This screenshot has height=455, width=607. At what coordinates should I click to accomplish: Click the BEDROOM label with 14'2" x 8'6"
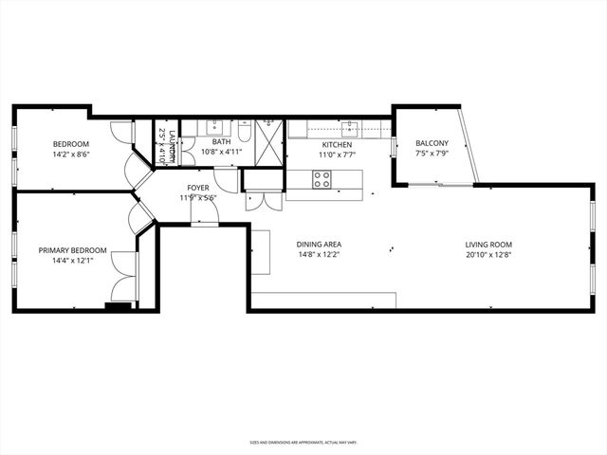click(x=72, y=143)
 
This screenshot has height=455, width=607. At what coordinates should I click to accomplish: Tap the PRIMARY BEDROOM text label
click(x=72, y=251)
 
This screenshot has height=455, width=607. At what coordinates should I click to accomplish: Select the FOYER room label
click(x=198, y=188)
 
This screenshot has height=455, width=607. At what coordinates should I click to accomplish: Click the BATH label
click(x=221, y=142)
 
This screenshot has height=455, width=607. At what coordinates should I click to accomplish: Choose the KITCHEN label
click(x=336, y=145)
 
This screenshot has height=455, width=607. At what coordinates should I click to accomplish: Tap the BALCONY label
click(x=432, y=143)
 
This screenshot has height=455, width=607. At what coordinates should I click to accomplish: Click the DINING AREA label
click(x=319, y=244)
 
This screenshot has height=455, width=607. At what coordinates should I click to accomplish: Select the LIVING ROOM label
click(x=487, y=244)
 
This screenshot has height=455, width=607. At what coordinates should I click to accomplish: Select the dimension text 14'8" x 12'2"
click(x=319, y=254)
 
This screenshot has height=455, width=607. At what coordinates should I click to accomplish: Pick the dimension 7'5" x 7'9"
click(x=432, y=154)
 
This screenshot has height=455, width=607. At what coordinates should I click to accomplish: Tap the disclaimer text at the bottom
click(x=303, y=442)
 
